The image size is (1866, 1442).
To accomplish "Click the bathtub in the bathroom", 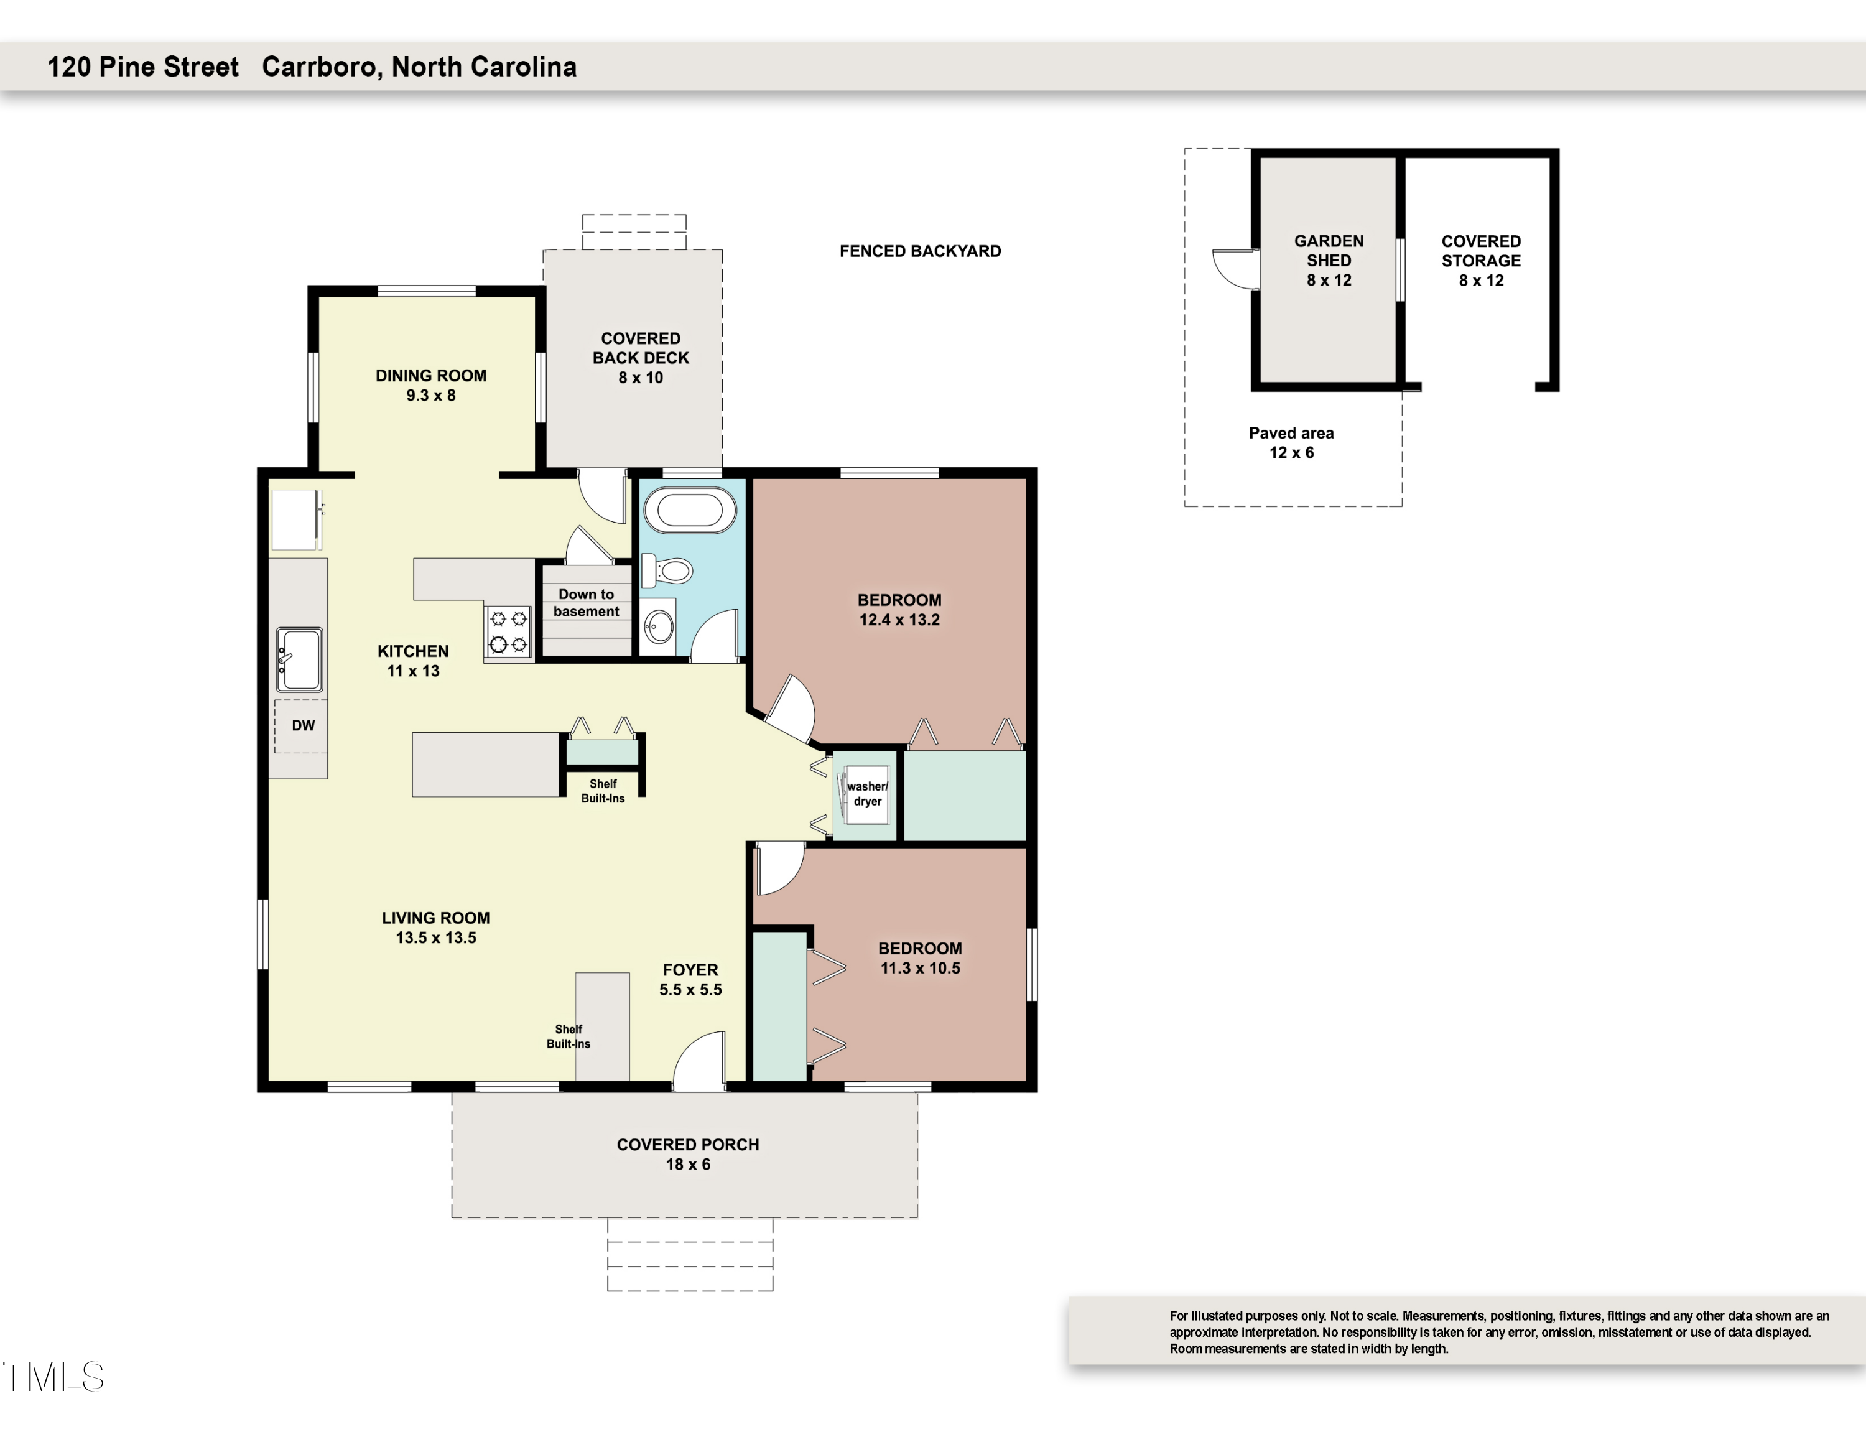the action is click(690, 510).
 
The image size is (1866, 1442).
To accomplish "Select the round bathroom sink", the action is click(659, 628).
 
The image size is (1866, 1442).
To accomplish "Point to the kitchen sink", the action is click(299, 659).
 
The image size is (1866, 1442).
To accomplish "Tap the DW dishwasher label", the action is click(304, 725).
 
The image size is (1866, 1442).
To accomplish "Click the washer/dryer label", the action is click(867, 794).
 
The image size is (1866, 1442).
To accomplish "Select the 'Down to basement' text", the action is click(586, 602).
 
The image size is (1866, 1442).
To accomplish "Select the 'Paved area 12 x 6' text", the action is click(1291, 442).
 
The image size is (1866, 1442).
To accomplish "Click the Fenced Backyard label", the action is click(920, 251).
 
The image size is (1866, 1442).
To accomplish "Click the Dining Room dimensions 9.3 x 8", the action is click(430, 396).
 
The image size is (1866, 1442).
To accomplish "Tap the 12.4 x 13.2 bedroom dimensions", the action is click(899, 620).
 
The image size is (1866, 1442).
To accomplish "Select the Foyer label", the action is click(690, 970).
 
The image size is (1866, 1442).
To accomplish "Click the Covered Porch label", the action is click(688, 1145).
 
